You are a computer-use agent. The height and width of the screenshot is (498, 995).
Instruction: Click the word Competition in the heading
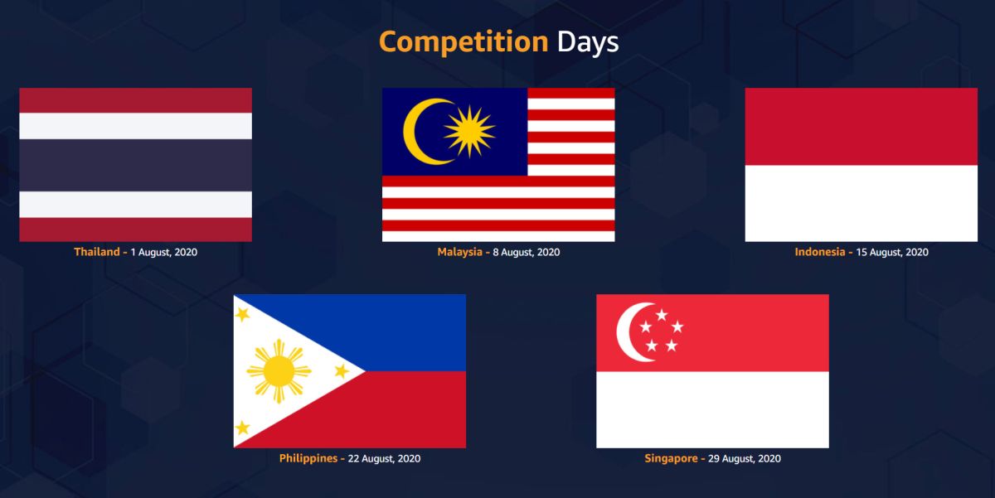coord(464,42)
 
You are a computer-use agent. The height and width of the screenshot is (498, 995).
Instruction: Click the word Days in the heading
coord(587,42)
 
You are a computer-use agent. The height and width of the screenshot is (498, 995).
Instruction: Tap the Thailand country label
coord(97,252)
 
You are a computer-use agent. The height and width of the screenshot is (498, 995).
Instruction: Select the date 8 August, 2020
coord(527,252)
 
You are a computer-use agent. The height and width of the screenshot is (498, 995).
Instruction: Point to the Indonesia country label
coord(820,252)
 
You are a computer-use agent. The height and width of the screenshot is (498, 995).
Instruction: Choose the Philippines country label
coord(308,458)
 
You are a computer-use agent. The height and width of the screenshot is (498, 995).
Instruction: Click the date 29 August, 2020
coord(745,458)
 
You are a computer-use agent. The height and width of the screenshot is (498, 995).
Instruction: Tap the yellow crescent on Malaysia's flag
coord(412,132)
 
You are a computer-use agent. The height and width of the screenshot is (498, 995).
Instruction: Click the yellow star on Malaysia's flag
coord(469,132)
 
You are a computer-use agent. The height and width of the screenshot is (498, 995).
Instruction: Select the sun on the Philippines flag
coord(279,371)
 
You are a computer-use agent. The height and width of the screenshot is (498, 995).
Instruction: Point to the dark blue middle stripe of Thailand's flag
coord(135,165)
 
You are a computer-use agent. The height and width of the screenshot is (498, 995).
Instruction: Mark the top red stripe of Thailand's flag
coord(135,100)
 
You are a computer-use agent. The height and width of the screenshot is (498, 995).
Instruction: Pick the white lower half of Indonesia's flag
coord(862,203)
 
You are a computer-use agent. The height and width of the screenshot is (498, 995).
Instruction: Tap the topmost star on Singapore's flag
coord(662,315)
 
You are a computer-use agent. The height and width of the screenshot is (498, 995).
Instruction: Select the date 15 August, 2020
coord(892,252)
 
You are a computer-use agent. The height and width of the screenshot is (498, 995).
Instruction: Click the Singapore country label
coord(671,458)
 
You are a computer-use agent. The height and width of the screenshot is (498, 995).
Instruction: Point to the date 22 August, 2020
coord(384,458)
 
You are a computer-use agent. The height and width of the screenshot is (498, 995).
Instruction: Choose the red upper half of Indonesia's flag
coord(862,127)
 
